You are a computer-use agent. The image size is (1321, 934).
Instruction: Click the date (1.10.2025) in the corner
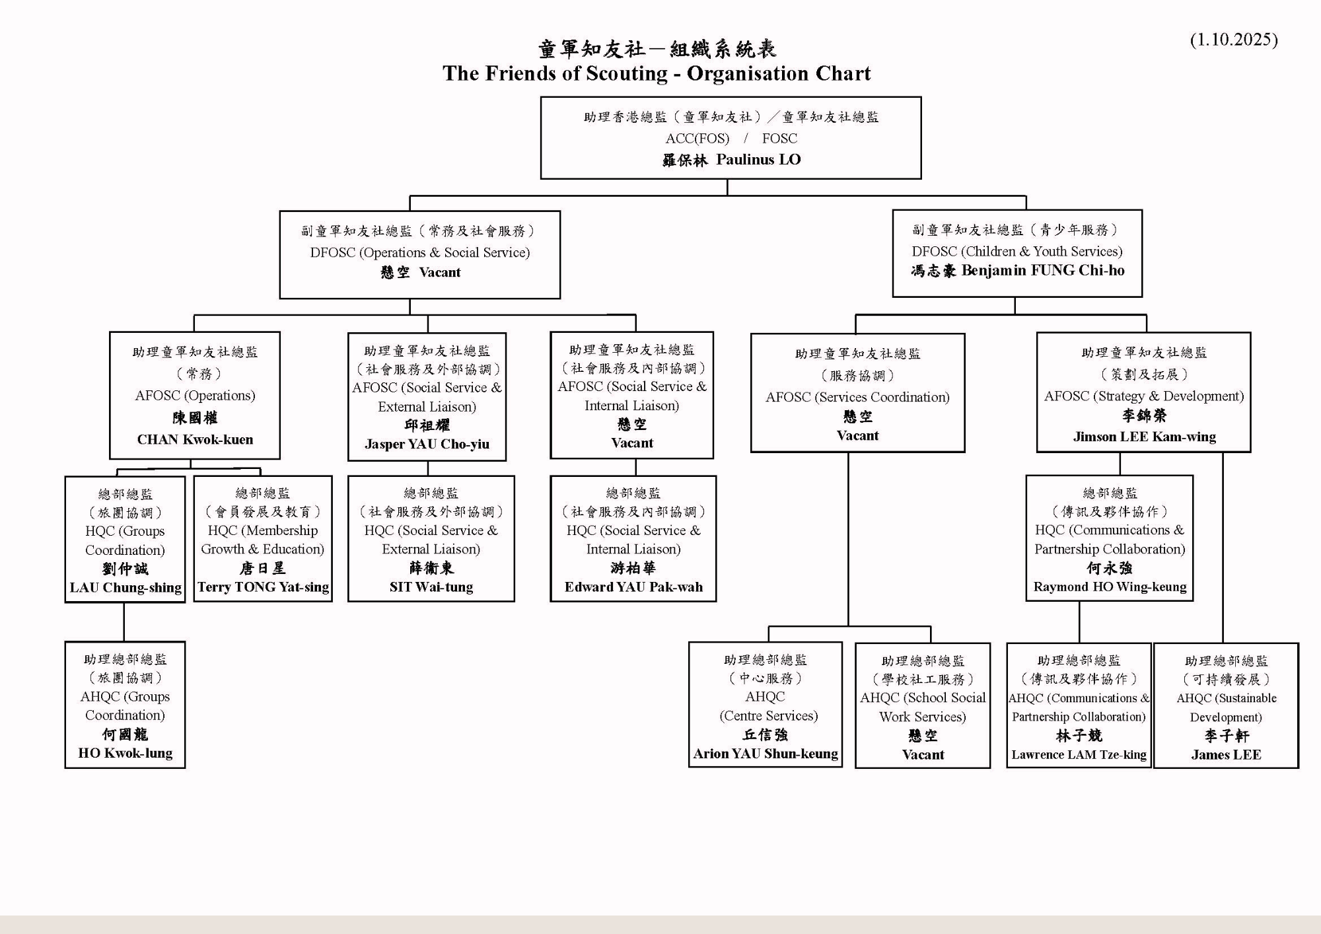(1233, 40)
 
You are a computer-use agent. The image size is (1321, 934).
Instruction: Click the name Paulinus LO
(758, 160)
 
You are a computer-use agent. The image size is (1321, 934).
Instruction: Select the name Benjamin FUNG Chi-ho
(1043, 271)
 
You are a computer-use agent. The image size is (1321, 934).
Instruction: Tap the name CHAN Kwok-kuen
(195, 440)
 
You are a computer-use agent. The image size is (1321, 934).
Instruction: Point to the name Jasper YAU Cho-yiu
(427, 445)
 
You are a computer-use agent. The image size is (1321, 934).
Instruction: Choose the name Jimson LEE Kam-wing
(1144, 437)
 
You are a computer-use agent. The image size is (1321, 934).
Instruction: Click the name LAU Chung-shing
(125, 588)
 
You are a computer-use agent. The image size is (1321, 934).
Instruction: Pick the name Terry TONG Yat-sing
(263, 587)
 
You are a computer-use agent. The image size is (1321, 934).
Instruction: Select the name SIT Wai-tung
(431, 587)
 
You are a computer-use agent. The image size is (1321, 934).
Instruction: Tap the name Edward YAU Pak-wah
(633, 587)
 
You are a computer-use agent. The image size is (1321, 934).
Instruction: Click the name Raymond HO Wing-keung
(1110, 587)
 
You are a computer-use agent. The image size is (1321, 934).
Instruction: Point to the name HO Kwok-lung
(125, 753)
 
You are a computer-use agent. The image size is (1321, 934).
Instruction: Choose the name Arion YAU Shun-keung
(766, 754)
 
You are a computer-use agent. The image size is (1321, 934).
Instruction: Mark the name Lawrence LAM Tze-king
(1079, 755)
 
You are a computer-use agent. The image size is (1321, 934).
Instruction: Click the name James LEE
(1226, 755)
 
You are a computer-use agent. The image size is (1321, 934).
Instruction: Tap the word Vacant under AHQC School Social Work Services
(923, 755)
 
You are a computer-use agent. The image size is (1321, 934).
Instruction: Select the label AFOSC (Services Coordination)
(857, 397)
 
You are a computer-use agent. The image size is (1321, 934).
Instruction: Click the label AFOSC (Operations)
(195, 396)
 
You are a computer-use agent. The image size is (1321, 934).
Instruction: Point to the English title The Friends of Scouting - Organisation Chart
(657, 73)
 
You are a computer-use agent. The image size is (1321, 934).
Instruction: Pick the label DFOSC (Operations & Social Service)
(420, 252)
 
